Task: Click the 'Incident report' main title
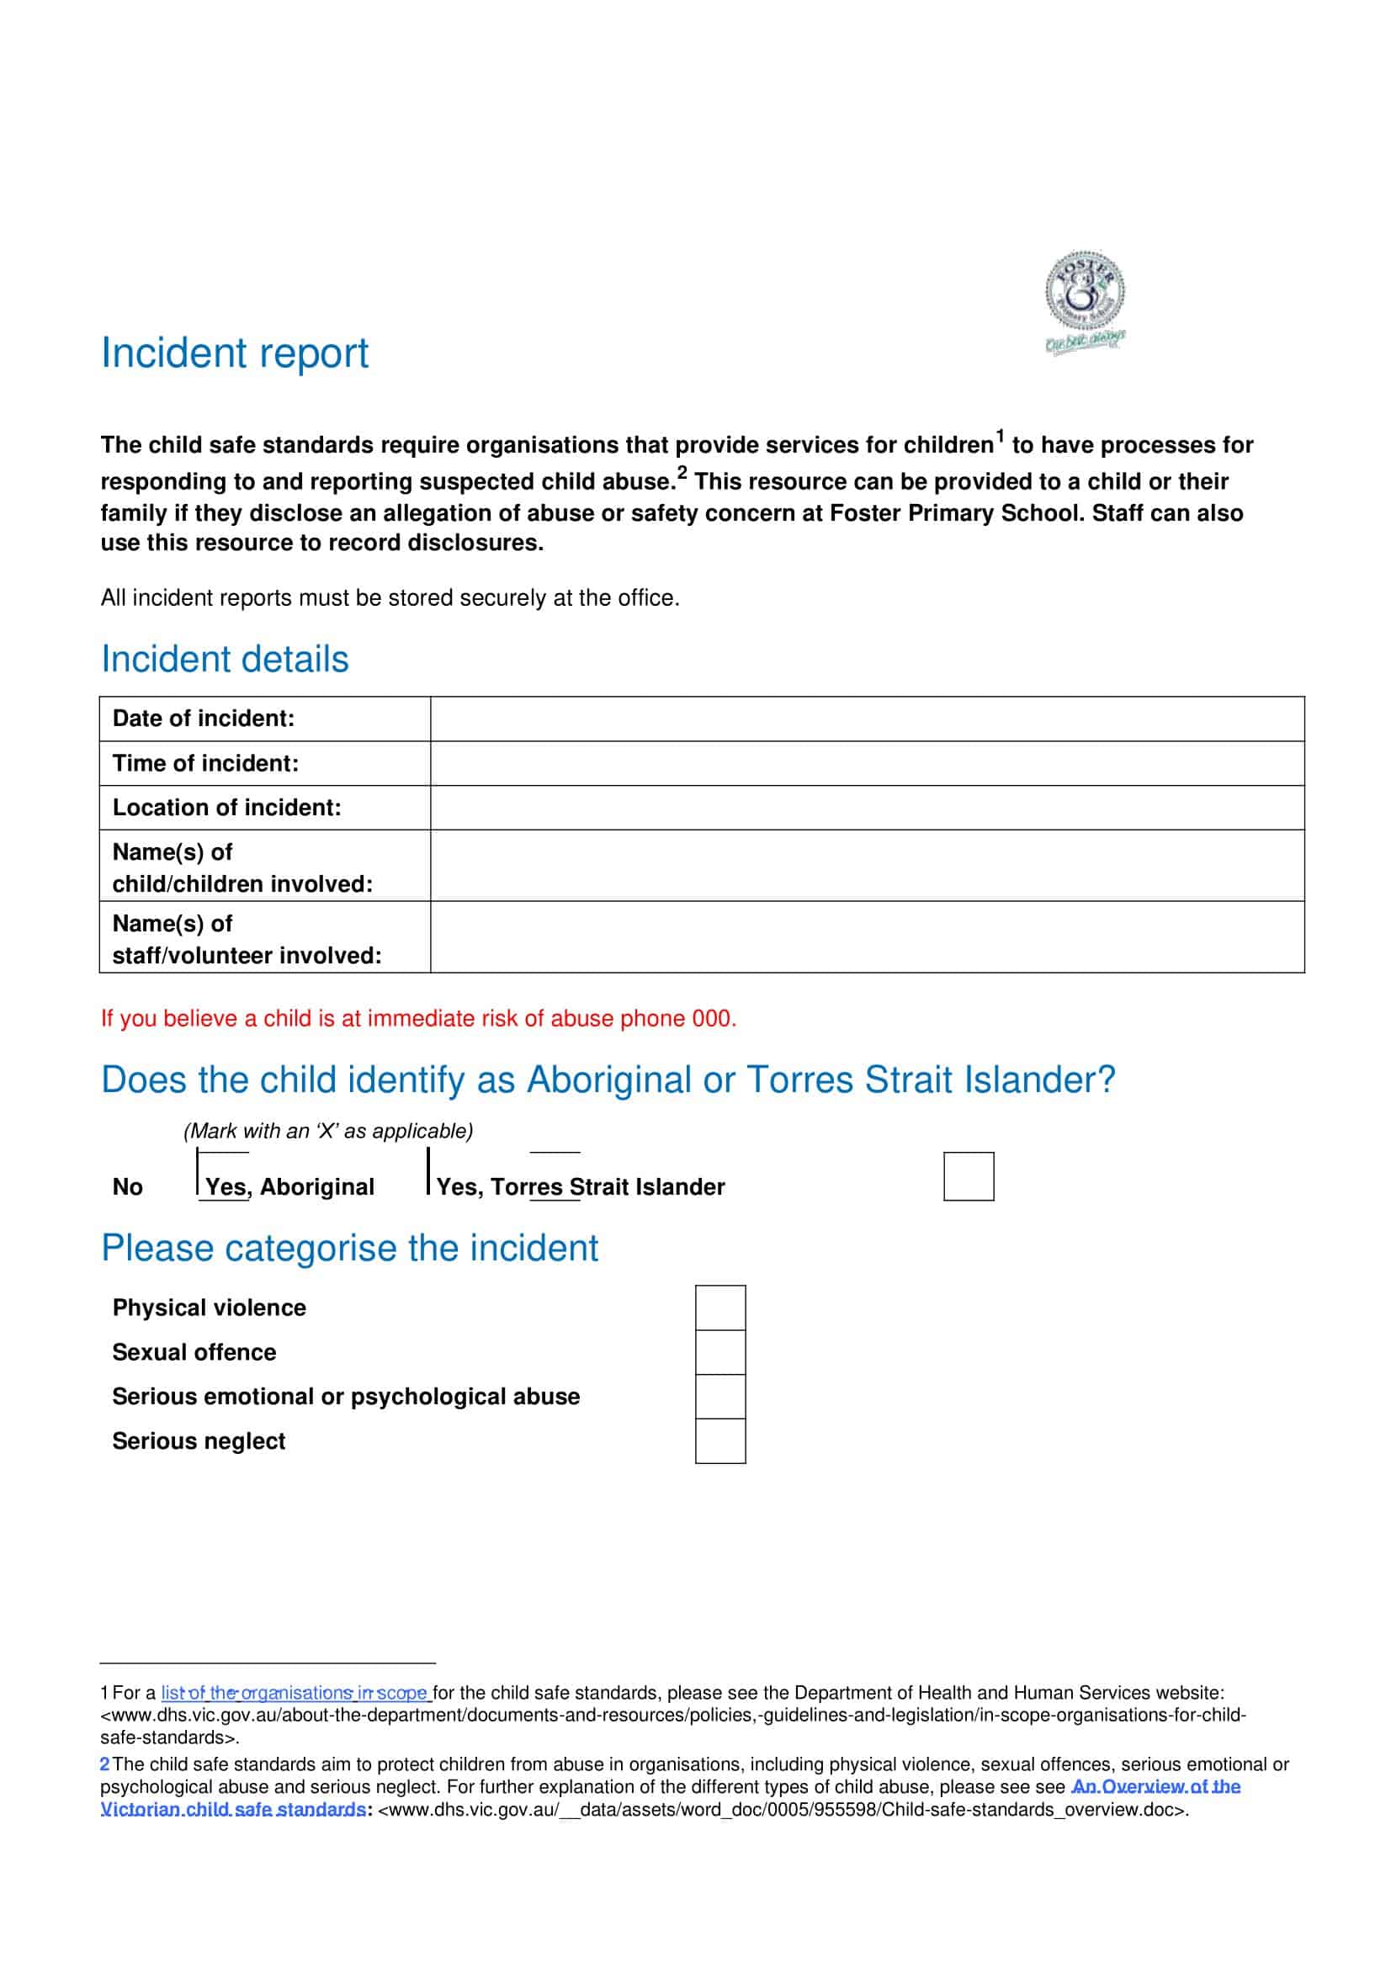click(x=235, y=353)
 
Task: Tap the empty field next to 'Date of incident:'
click(x=867, y=719)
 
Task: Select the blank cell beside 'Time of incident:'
click(x=867, y=763)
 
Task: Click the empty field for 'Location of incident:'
click(x=867, y=808)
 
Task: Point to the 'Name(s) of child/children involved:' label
click(x=242, y=867)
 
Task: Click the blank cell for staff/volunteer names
click(x=867, y=937)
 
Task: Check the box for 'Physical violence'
click(x=720, y=1308)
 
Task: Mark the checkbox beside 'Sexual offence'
click(x=720, y=1352)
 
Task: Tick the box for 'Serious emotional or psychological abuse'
click(x=720, y=1397)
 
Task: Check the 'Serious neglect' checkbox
click(x=720, y=1440)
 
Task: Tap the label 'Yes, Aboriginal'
click(x=289, y=1186)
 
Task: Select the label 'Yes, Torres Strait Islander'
click(x=581, y=1186)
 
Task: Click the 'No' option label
click(x=128, y=1186)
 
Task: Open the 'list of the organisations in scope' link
click(x=294, y=1693)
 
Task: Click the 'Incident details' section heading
click(x=225, y=659)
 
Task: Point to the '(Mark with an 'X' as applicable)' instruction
click(x=328, y=1131)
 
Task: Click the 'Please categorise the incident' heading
click(x=350, y=1248)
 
